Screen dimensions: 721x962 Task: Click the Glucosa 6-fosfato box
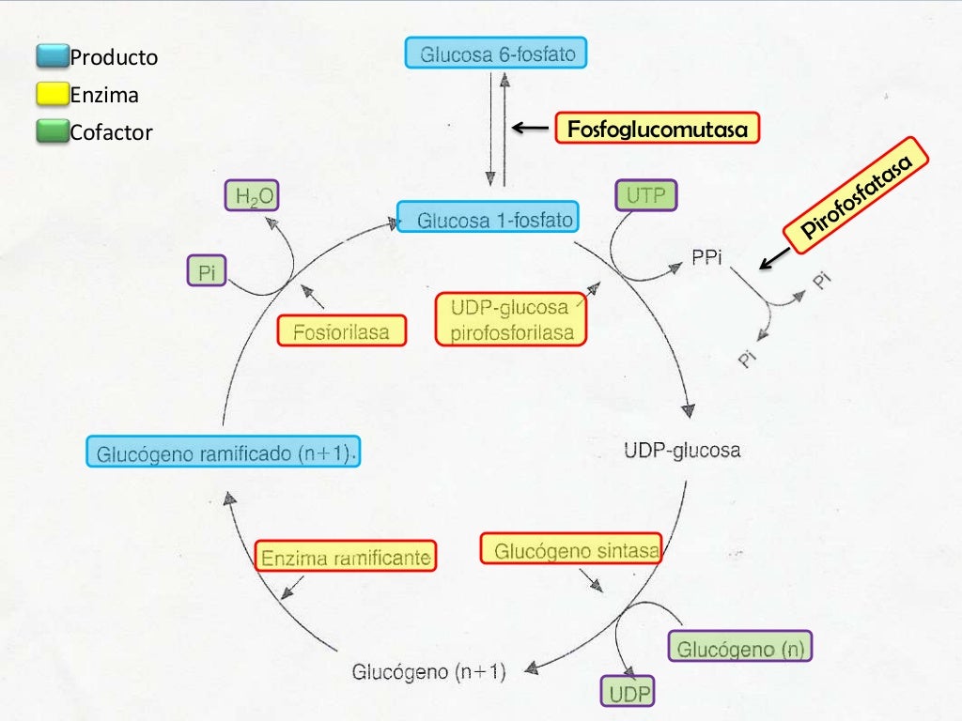pyautogui.click(x=496, y=54)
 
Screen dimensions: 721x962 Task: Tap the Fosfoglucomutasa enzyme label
pyautogui.click(x=657, y=129)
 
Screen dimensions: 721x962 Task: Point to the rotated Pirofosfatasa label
pyautogui.click(x=858, y=198)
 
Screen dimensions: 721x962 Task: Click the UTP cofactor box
pyautogui.click(x=645, y=197)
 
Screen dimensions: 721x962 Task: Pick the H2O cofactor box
pyautogui.click(x=252, y=197)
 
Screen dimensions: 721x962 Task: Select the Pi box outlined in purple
pyautogui.click(x=207, y=272)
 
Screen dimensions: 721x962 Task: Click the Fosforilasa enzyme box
pyautogui.click(x=342, y=330)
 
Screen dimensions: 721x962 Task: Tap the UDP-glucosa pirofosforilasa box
pyautogui.click(x=511, y=320)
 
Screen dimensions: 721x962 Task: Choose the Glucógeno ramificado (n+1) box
pyautogui.click(x=223, y=453)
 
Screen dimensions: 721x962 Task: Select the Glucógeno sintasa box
pyautogui.click(x=571, y=549)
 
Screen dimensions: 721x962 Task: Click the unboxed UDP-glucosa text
pyautogui.click(x=682, y=451)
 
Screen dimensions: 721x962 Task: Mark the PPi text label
pyautogui.click(x=706, y=257)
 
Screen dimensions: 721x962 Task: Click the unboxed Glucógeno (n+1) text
pyautogui.click(x=428, y=671)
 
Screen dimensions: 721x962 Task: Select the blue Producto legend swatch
pyautogui.click(x=53, y=57)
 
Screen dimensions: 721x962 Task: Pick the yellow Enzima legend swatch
pyautogui.click(x=53, y=95)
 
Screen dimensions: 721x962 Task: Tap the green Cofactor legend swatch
pyautogui.click(x=53, y=132)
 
